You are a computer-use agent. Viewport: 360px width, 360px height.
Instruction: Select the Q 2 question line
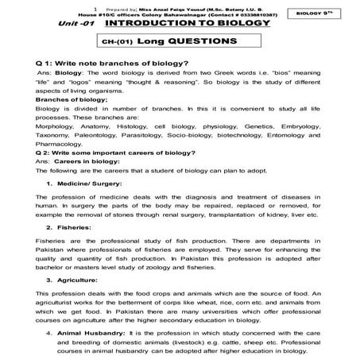click(118, 154)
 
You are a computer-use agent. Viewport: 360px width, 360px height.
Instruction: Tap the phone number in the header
click(277, 15)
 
